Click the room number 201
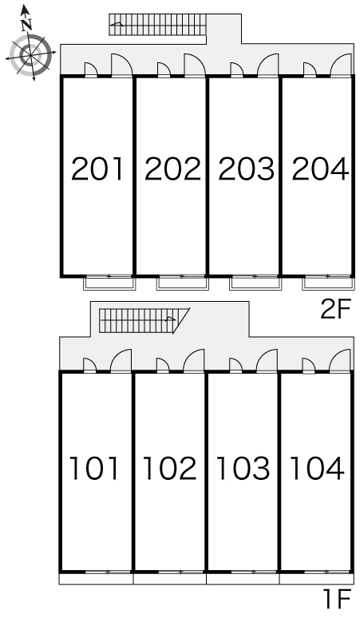[97, 169]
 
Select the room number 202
[172, 169]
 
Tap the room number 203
[246, 169]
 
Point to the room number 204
[320, 169]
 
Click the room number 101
[94, 468]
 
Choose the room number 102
[170, 468]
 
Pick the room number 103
[243, 468]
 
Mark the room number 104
[317, 468]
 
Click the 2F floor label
[335, 309]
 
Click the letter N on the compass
[26, 26]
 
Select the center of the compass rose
[30, 55]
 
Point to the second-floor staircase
[157, 25]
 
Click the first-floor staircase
[144, 320]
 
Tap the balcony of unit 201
[109, 283]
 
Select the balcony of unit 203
[255, 283]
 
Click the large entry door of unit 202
[195, 65]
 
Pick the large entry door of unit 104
[340, 361]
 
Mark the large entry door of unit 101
[121, 361]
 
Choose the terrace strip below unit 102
[170, 579]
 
